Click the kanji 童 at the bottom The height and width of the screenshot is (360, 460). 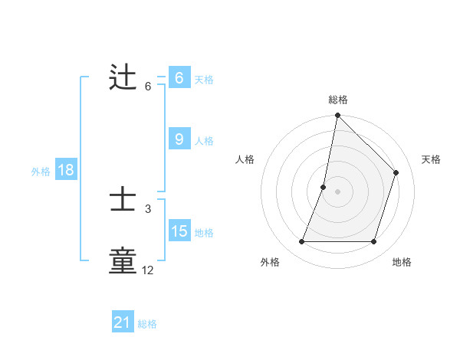[123, 261]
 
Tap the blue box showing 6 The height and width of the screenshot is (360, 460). [179, 78]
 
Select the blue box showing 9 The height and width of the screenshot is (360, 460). [179, 139]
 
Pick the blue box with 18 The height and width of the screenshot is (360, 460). [65, 170]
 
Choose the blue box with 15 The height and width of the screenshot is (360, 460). [179, 231]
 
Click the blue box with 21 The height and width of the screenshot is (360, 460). [123, 322]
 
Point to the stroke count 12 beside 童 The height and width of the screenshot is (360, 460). [148, 270]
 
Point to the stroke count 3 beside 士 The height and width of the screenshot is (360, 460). [148, 208]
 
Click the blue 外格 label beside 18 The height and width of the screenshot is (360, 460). [41, 172]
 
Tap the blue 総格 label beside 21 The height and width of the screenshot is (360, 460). [147, 324]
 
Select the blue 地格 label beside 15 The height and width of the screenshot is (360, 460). [204, 233]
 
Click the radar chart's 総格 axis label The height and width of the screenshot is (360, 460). [338, 100]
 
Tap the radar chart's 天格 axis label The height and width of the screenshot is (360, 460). [431, 159]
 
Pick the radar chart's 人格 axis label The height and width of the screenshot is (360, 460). [245, 159]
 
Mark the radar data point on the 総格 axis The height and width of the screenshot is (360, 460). [337, 116]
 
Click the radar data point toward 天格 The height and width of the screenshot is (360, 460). [396, 172]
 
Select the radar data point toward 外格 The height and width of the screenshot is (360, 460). [301, 242]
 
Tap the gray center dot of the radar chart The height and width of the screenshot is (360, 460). [337, 191]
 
